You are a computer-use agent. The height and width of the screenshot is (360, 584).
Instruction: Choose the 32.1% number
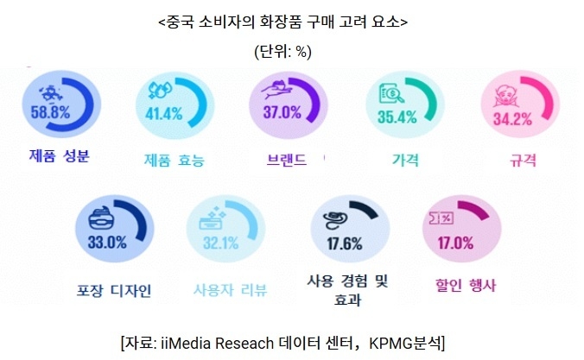(219, 243)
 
